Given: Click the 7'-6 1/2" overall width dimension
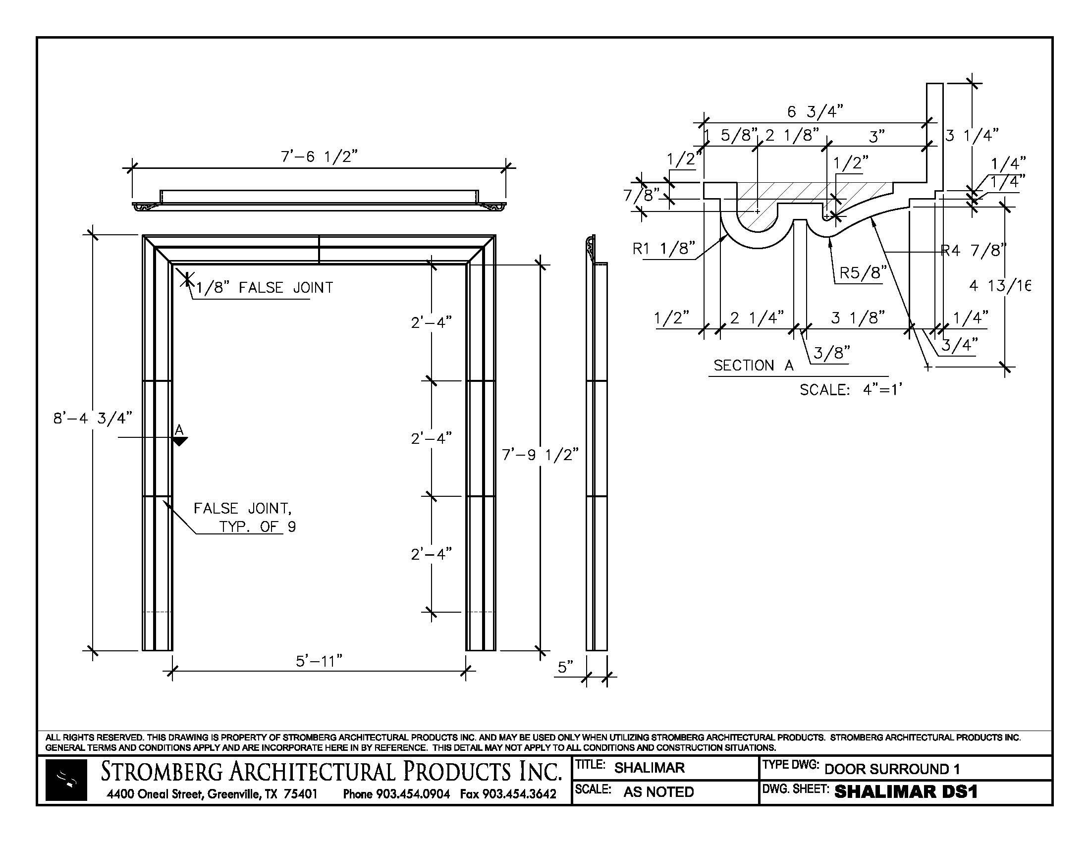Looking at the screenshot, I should pos(320,157).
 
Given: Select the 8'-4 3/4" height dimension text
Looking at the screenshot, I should pos(93,418).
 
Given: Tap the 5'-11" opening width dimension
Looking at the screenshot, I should pos(319,661).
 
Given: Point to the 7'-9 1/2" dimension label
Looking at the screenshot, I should pos(540,454).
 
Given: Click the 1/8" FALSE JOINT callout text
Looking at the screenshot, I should pos(264,288).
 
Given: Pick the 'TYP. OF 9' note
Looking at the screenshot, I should pos(258,527).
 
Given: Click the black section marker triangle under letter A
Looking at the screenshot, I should pos(180,441).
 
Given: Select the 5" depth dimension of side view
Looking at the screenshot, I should pos(565,667).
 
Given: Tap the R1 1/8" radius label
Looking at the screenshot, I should pos(664,249).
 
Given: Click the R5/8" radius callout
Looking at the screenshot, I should pos(863,273).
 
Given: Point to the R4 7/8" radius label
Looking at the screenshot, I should pos(973,250).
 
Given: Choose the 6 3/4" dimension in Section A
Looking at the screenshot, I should pos(815,112).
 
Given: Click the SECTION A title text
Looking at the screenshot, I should pos(753,366).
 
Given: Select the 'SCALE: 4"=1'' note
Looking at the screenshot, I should pos(851,390).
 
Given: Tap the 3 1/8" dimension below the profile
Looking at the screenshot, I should pos(858,317).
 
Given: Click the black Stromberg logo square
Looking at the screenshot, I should pos(66,780).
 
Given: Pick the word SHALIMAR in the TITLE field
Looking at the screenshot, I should pos(650,768).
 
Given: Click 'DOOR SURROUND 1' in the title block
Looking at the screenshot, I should pos(892,769).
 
